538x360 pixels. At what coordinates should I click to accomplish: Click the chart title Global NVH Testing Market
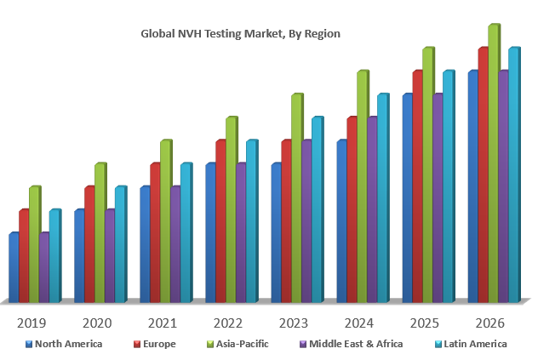(240, 34)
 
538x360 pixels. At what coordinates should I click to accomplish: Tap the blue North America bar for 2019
(14, 267)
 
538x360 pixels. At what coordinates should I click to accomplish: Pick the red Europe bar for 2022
(220, 221)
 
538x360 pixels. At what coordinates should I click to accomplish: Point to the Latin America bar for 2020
(120, 244)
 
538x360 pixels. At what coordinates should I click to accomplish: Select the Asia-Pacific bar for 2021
(165, 221)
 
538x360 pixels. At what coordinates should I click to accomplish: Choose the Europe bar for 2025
(418, 186)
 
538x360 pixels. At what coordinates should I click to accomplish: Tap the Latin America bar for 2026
(513, 174)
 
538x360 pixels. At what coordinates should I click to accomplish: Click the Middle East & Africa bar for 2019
(44, 267)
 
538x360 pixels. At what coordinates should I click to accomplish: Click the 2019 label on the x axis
(31, 323)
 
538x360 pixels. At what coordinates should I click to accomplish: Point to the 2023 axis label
(294, 323)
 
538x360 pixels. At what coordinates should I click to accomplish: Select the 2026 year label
(490, 323)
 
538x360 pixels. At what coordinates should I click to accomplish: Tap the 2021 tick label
(163, 323)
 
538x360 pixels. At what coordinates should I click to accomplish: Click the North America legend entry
(68, 344)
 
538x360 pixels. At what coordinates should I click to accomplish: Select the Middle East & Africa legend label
(356, 344)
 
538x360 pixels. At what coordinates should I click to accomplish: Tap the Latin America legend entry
(475, 344)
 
